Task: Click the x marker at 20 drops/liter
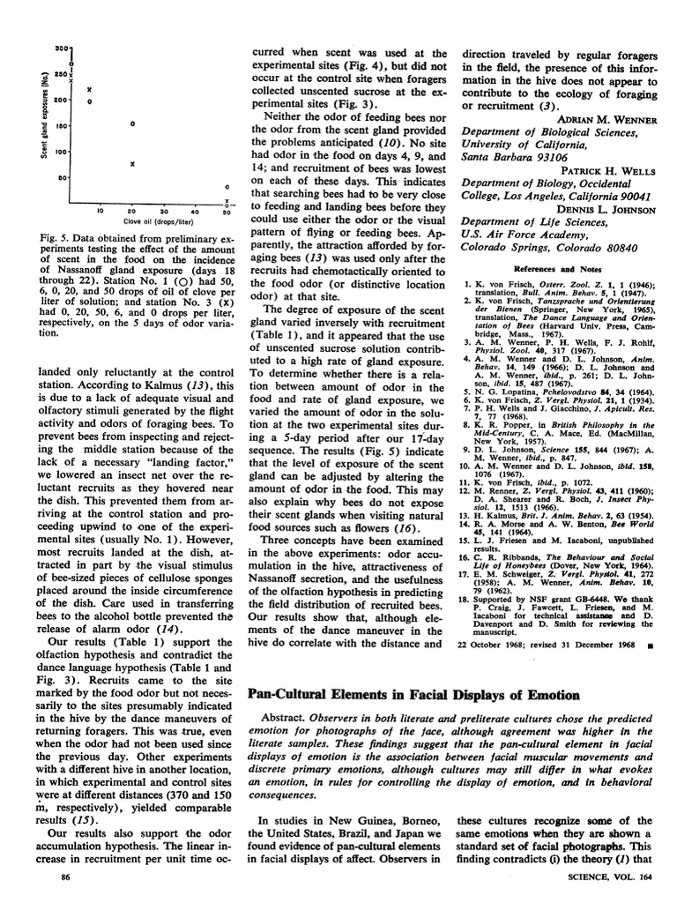(131, 164)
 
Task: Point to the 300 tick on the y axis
(62, 47)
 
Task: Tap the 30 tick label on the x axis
(163, 212)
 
